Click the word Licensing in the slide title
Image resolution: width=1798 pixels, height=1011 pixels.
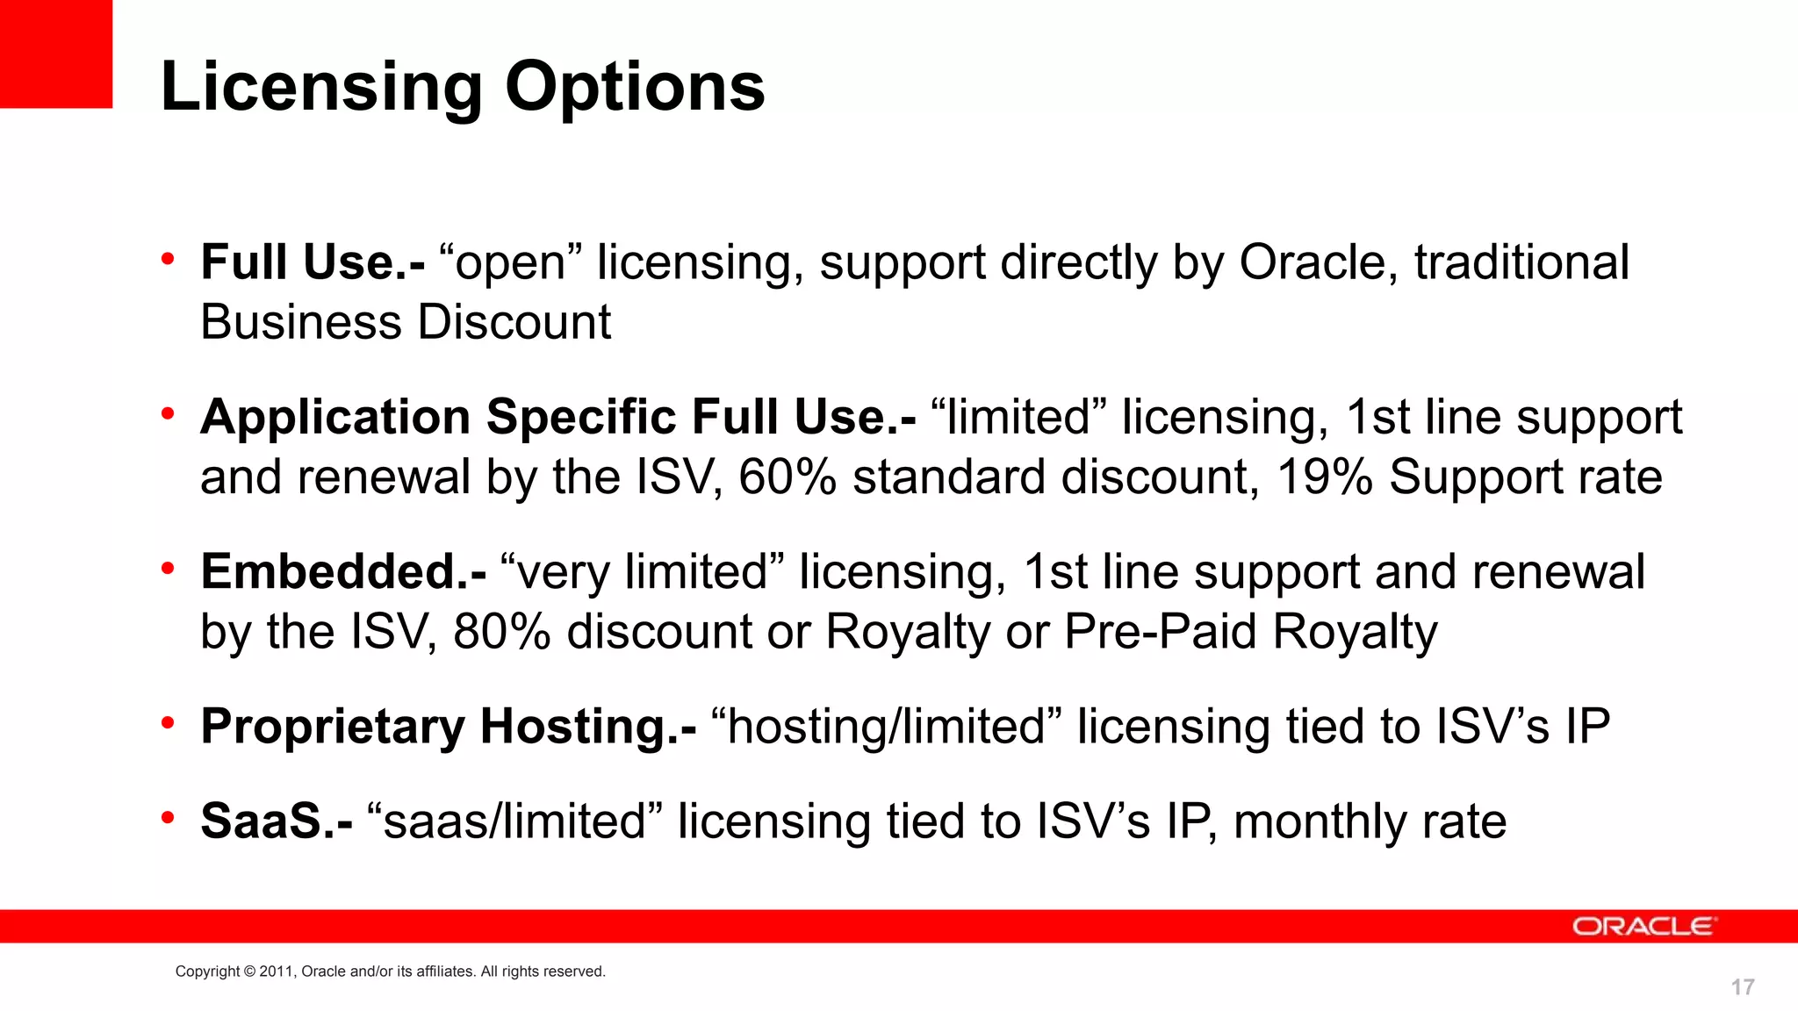321,88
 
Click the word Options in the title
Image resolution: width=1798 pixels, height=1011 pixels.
635,88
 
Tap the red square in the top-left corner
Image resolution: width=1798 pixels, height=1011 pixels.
55,54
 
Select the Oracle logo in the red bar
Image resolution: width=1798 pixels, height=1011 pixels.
1642,927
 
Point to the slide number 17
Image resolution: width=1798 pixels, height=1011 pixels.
1742,987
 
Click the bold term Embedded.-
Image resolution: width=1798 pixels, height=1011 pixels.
343,571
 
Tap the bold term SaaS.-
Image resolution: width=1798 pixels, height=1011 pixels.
277,821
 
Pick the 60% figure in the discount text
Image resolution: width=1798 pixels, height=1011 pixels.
788,477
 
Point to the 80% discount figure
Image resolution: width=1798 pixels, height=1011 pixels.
501,632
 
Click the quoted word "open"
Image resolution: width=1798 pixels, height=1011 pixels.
510,262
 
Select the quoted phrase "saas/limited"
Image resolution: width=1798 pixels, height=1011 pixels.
514,821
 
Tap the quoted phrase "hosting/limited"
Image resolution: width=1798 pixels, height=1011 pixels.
886,727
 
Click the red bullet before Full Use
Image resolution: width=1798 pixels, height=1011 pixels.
168,258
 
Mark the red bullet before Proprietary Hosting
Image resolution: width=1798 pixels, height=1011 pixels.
168,722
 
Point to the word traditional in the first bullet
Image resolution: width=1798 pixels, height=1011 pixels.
1521,262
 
